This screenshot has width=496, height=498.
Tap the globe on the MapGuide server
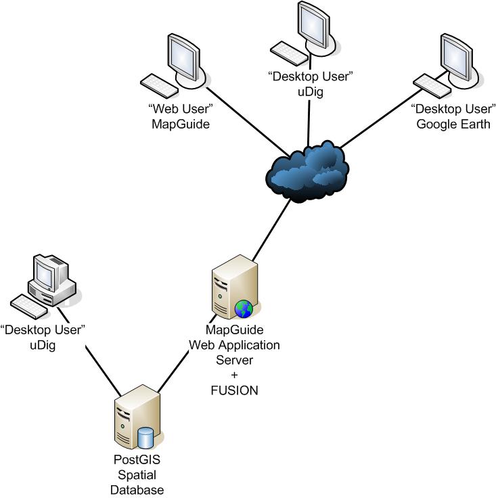click(244, 309)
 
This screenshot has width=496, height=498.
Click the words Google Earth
click(453, 123)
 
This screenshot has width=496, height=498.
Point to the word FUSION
click(233, 390)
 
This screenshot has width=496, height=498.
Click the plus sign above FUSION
click(233, 376)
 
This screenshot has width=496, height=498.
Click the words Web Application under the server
click(233, 345)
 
